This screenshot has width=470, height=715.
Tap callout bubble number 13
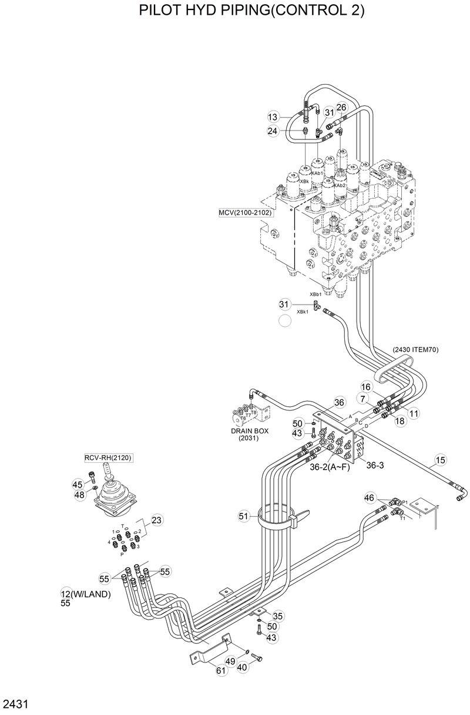tap(273, 117)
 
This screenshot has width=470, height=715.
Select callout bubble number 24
tap(273, 131)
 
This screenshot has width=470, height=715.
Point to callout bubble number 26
tap(341, 107)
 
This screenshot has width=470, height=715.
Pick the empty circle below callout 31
tap(285, 320)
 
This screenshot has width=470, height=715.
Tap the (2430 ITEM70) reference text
tap(415, 349)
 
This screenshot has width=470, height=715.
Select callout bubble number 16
tap(365, 387)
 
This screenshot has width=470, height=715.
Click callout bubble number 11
tap(414, 413)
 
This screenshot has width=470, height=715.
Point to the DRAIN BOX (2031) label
tap(250, 435)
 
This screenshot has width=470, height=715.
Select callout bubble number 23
tap(156, 520)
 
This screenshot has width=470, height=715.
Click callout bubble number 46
tap(369, 498)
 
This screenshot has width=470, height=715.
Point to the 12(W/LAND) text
tap(86, 594)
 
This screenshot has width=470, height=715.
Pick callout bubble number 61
tap(221, 670)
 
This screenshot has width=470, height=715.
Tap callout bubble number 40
tap(242, 667)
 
